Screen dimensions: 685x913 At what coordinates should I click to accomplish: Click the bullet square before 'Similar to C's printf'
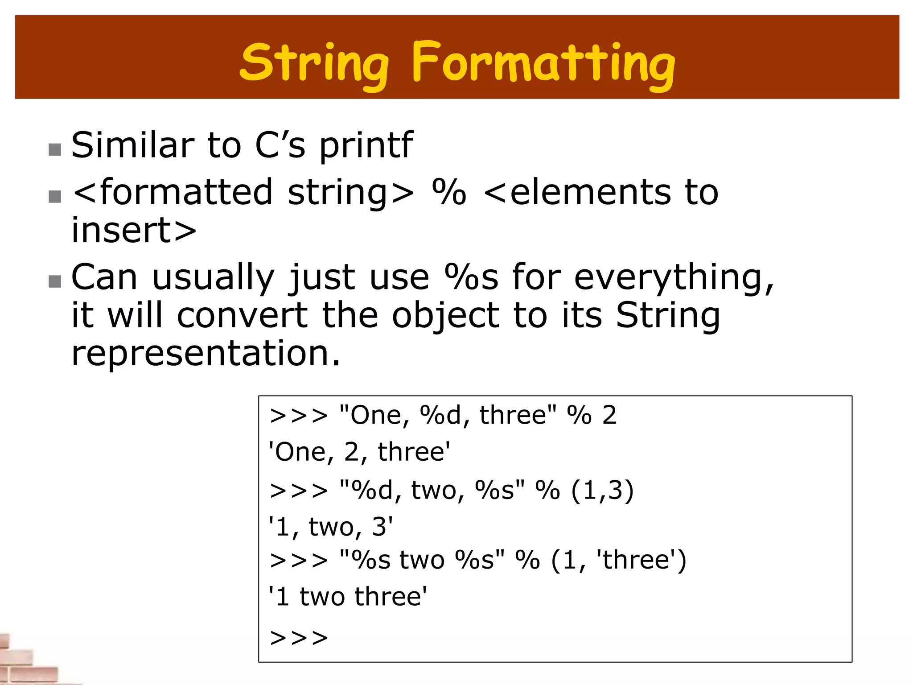click(x=55, y=150)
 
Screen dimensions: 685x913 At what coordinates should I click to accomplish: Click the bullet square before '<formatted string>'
click(x=55, y=196)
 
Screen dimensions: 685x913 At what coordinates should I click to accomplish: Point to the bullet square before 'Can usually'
click(x=55, y=281)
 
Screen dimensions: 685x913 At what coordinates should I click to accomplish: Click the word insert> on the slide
click(x=134, y=231)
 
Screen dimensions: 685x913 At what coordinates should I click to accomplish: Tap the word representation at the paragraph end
click(x=206, y=353)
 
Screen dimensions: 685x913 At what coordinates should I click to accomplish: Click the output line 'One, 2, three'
click(x=359, y=452)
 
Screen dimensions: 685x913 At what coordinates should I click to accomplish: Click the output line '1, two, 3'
click(x=331, y=527)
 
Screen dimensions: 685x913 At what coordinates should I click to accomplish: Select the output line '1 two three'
click(x=348, y=597)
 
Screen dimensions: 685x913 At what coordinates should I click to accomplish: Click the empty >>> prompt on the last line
click(x=299, y=638)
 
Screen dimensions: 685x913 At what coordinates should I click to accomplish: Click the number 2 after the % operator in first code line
click(x=609, y=415)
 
